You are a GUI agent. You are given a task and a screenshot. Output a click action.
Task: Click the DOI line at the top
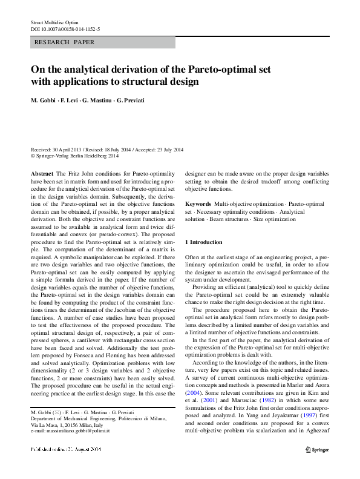65,28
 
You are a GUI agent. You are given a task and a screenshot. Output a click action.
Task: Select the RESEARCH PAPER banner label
65,43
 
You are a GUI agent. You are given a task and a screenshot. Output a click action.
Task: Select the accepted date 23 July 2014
165,150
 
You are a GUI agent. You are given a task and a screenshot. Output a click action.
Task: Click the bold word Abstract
42,173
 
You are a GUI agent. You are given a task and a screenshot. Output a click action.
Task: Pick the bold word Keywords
198,205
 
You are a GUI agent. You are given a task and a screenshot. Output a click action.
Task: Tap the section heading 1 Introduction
204,242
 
